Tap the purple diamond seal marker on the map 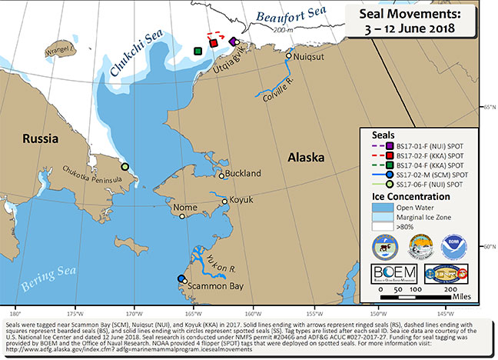[234, 42]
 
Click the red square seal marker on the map [213, 44]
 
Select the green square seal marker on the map [198, 52]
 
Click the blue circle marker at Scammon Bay [182, 278]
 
